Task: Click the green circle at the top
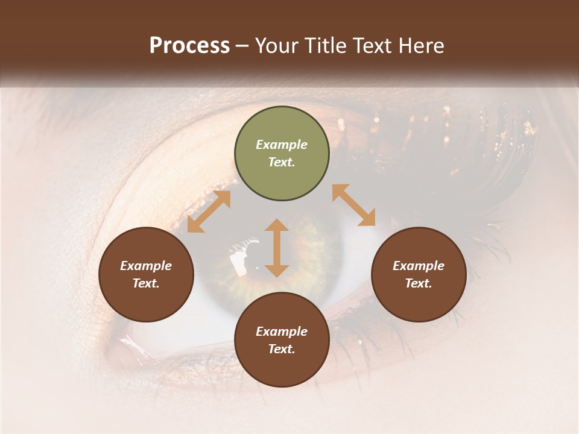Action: pos(282,154)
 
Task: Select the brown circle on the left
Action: pos(146,275)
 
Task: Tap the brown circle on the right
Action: pos(419,275)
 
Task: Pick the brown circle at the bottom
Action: pos(282,340)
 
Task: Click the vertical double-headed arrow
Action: pos(277,248)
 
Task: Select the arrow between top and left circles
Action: pos(209,212)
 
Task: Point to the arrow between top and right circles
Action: pos(354,205)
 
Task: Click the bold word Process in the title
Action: pos(189,46)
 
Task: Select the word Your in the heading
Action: pos(276,46)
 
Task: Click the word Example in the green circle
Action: pos(282,145)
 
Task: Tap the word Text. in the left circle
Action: pos(146,283)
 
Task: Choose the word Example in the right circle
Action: pos(419,266)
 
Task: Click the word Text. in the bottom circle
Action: pos(282,349)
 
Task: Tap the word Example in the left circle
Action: pos(146,266)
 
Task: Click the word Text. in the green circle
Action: pos(282,163)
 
